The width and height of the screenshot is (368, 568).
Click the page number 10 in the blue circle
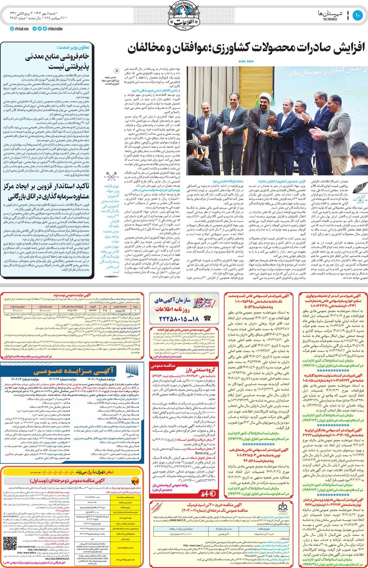357,15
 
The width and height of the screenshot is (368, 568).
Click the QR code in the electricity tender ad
10,544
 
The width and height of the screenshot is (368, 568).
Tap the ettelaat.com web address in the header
19,29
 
